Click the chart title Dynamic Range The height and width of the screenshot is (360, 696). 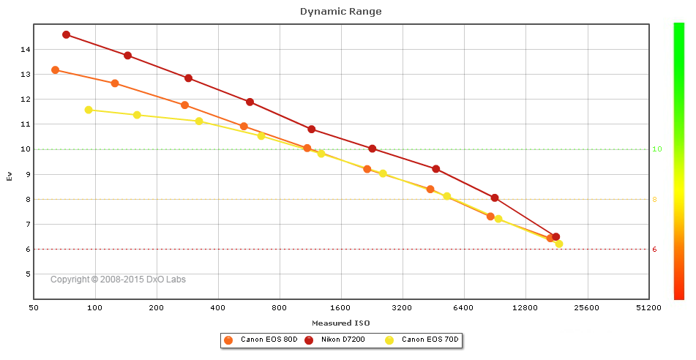[340, 11]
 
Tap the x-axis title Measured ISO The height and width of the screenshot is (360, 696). [340, 323]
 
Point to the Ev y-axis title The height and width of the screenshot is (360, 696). [10, 176]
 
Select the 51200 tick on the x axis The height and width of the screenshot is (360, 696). [648, 309]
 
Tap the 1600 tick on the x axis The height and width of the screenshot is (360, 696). [341, 309]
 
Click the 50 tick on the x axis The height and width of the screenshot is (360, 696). [34, 309]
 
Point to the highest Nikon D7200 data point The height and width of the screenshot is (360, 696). [66, 34]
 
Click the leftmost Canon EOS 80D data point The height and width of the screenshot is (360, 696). [55, 70]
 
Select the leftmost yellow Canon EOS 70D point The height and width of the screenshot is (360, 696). [89, 110]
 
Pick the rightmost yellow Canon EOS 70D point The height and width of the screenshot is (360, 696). [559, 244]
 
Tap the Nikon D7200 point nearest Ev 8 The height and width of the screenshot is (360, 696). [495, 198]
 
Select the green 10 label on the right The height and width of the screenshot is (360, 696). [657, 149]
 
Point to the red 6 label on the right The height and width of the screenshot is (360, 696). [655, 250]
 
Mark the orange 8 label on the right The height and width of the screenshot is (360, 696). [655, 199]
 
